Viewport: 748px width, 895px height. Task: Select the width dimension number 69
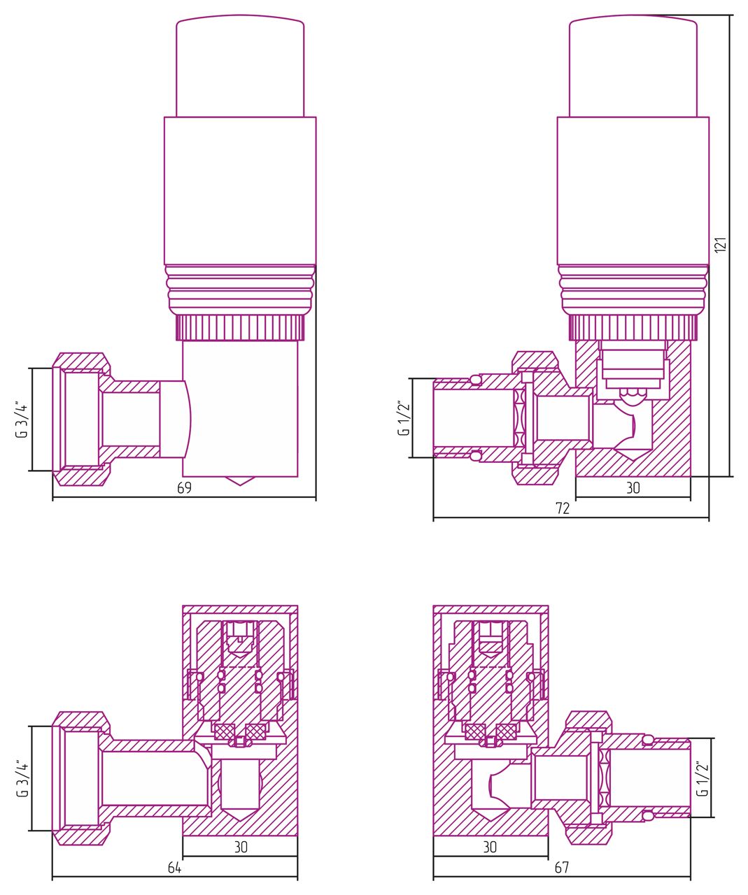184,488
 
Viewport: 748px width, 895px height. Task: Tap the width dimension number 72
563,508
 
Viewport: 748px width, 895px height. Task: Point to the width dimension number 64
174,868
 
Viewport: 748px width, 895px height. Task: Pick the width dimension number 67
561,868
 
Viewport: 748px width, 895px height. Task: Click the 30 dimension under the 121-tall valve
633,488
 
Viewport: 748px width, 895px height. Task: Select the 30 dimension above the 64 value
241,847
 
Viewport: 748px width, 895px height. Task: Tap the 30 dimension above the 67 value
490,847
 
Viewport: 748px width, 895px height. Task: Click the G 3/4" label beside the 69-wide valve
22,420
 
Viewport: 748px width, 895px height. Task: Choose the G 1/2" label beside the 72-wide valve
403,419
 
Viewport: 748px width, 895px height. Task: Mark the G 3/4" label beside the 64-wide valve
22,778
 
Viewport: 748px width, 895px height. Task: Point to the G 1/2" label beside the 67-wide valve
703,778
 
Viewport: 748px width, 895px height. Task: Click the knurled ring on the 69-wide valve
240,327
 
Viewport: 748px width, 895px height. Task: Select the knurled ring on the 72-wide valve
633,327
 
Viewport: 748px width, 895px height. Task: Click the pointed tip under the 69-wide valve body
240,481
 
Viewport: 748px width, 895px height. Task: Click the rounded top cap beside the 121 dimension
633,66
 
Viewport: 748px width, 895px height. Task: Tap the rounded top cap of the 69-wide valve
240,66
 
